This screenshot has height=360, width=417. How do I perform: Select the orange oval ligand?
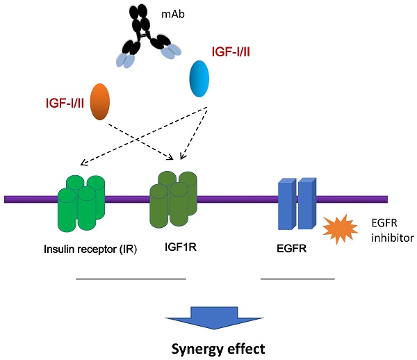(100, 103)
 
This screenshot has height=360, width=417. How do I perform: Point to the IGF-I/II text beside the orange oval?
(61, 104)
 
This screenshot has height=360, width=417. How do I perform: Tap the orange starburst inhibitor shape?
(338, 229)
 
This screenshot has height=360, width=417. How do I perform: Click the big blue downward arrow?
(208, 320)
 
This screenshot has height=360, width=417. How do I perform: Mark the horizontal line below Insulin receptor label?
(131, 279)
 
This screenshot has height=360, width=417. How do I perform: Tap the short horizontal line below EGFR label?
(297, 279)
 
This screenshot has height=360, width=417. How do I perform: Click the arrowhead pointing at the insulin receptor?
(83, 164)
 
